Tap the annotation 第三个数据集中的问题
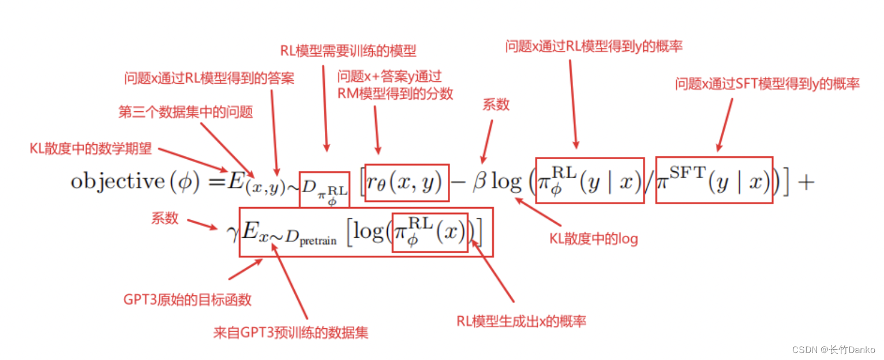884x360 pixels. tap(186, 112)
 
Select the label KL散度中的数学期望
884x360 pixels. tap(91, 149)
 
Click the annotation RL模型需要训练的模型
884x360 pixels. tap(348, 51)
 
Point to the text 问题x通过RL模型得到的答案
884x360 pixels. tap(209, 78)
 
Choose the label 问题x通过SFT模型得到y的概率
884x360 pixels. tap(767, 84)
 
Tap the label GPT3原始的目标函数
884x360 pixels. tap(188, 300)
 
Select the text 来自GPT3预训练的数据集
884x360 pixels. tap(291, 332)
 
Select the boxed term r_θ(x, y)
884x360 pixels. tap(407, 182)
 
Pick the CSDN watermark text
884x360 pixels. tap(833, 350)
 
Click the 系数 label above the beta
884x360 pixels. tap(496, 104)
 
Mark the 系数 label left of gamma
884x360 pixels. tap(165, 218)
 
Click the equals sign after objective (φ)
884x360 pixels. tap(216, 181)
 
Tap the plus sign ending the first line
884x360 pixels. tap(805, 182)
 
